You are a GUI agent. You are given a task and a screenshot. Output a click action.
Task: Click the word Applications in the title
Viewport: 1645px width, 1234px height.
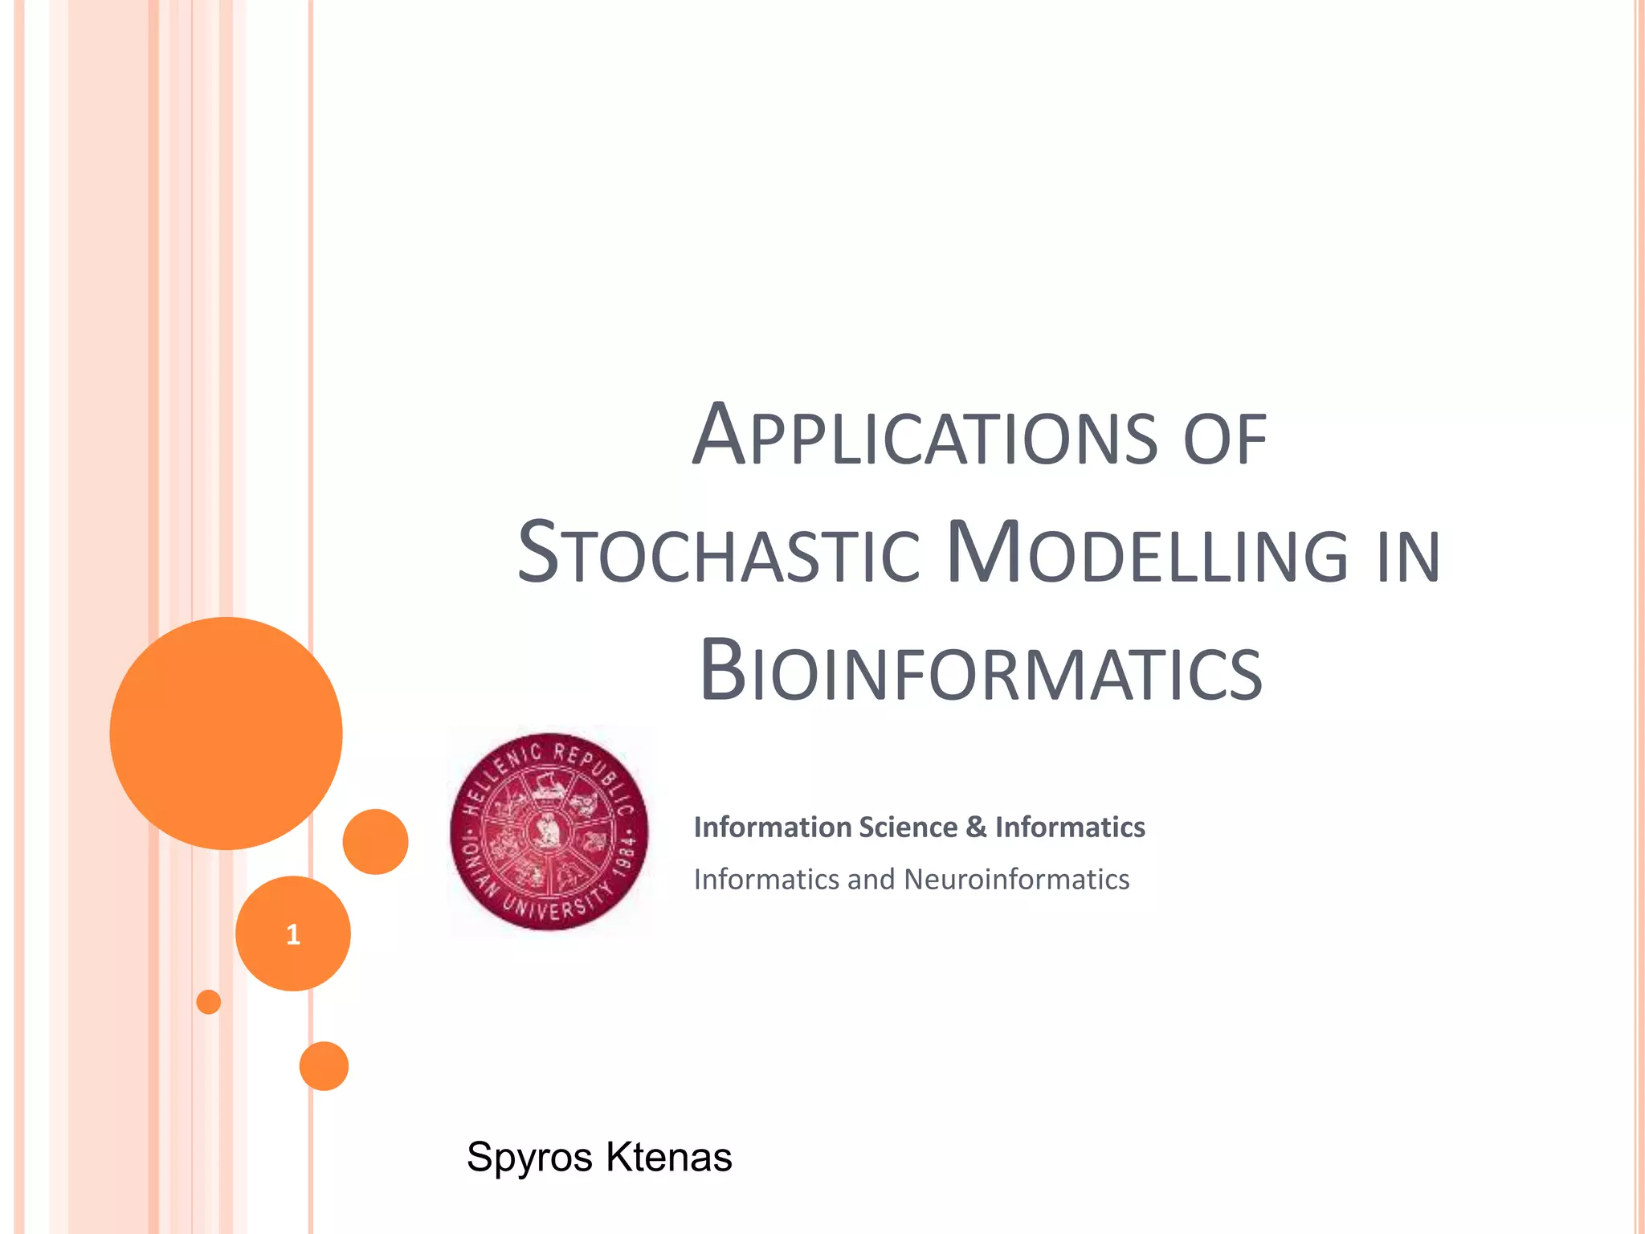point(924,436)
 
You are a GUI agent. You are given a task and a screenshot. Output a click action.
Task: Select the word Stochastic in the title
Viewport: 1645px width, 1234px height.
point(718,554)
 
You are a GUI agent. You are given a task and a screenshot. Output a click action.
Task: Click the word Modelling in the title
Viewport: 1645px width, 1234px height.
point(1148,554)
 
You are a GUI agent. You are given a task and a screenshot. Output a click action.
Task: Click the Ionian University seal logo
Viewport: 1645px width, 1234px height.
point(549,832)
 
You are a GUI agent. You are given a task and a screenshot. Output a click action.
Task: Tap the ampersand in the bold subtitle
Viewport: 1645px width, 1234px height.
point(976,827)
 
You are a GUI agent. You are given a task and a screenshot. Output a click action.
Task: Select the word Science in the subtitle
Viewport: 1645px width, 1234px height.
point(908,827)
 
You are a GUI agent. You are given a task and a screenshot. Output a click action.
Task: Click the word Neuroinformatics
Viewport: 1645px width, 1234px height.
point(1016,879)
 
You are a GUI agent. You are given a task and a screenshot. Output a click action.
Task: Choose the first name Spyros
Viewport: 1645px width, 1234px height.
point(529,1158)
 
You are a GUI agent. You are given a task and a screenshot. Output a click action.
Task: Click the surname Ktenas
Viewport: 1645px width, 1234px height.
point(668,1157)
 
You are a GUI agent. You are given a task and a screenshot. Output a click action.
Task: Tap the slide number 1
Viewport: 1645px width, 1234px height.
point(293,934)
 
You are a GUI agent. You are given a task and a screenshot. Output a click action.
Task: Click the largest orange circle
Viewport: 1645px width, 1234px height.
point(227,733)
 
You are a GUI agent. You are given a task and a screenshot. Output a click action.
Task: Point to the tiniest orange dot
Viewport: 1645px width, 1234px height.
point(209,1002)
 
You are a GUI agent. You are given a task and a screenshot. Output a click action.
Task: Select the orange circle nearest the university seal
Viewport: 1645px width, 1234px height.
point(375,841)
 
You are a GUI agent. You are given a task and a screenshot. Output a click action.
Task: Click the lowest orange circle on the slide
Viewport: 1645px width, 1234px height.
point(324,1066)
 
